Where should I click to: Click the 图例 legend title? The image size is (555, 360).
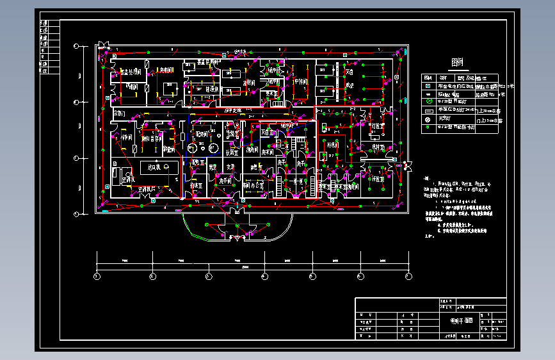click(x=456, y=63)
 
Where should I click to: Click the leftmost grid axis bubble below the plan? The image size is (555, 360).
click(x=97, y=276)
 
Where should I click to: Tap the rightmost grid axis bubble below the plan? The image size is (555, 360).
click(x=408, y=276)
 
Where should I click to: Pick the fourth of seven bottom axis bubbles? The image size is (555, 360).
click(x=264, y=276)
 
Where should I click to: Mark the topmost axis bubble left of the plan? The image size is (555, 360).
click(x=77, y=45)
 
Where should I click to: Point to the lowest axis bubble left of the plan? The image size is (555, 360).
click(x=77, y=213)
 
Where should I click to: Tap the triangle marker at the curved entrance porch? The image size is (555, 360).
click(x=238, y=238)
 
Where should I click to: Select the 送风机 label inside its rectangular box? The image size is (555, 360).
click(x=154, y=167)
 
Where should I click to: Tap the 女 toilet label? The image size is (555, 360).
click(x=230, y=167)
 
